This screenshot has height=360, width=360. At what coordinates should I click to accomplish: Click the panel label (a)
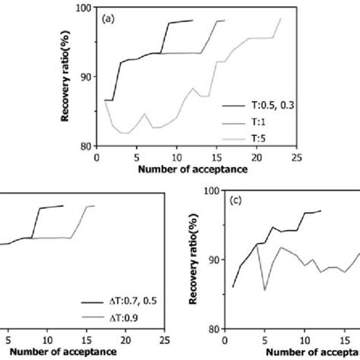coord(109,17)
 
